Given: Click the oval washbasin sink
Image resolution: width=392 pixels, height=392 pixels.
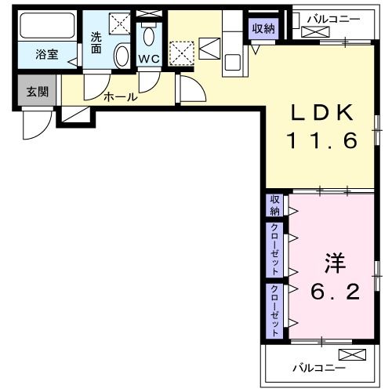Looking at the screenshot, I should click(122, 56).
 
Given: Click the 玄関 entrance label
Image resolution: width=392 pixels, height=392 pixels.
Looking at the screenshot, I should click(37, 92).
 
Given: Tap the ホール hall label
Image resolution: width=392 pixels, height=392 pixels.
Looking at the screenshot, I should click(121, 98).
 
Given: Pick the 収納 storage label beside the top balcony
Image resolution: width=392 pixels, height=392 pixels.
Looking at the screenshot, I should click(263, 28).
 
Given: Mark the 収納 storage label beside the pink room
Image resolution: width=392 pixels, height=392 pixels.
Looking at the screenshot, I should click(275, 205).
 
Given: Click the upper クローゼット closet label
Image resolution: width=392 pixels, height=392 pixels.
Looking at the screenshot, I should click(275, 249).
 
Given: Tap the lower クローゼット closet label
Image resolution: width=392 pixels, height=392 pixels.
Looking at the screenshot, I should click(275, 310).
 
